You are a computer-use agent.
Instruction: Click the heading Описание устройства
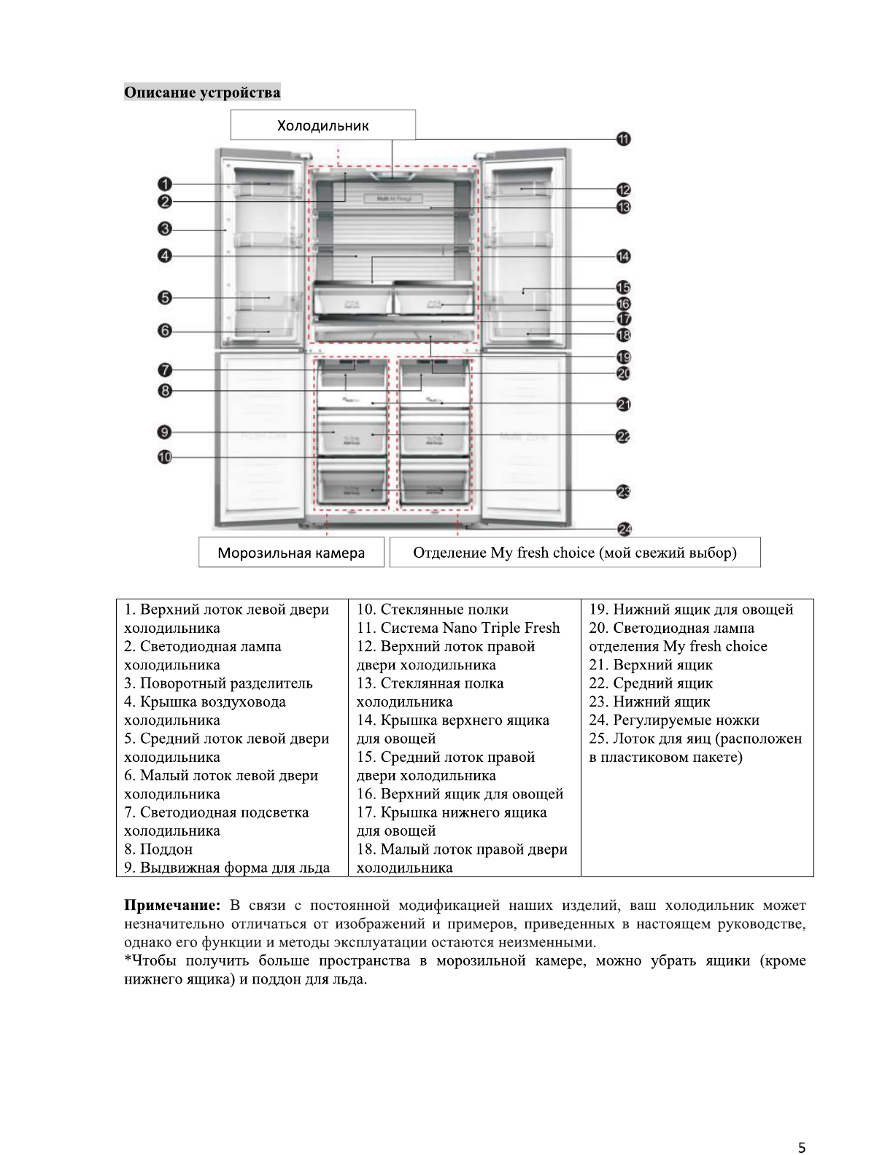click(202, 93)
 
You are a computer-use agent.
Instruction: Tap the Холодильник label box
click(322, 125)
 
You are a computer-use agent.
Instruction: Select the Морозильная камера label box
click(291, 553)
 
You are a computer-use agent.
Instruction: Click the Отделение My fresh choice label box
click(575, 553)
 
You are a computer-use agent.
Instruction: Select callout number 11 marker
click(624, 139)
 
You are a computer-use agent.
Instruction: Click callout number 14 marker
click(624, 256)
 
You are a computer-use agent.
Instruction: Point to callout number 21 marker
click(624, 404)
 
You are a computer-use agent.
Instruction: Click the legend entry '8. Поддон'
click(158, 849)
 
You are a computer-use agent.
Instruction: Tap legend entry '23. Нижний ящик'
click(649, 702)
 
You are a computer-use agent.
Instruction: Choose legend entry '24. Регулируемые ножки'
click(674, 720)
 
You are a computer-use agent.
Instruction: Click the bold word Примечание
click(171, 906)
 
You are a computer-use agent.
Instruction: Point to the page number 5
click(802, 1127)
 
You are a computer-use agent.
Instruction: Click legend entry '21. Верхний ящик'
click(651, 665)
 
